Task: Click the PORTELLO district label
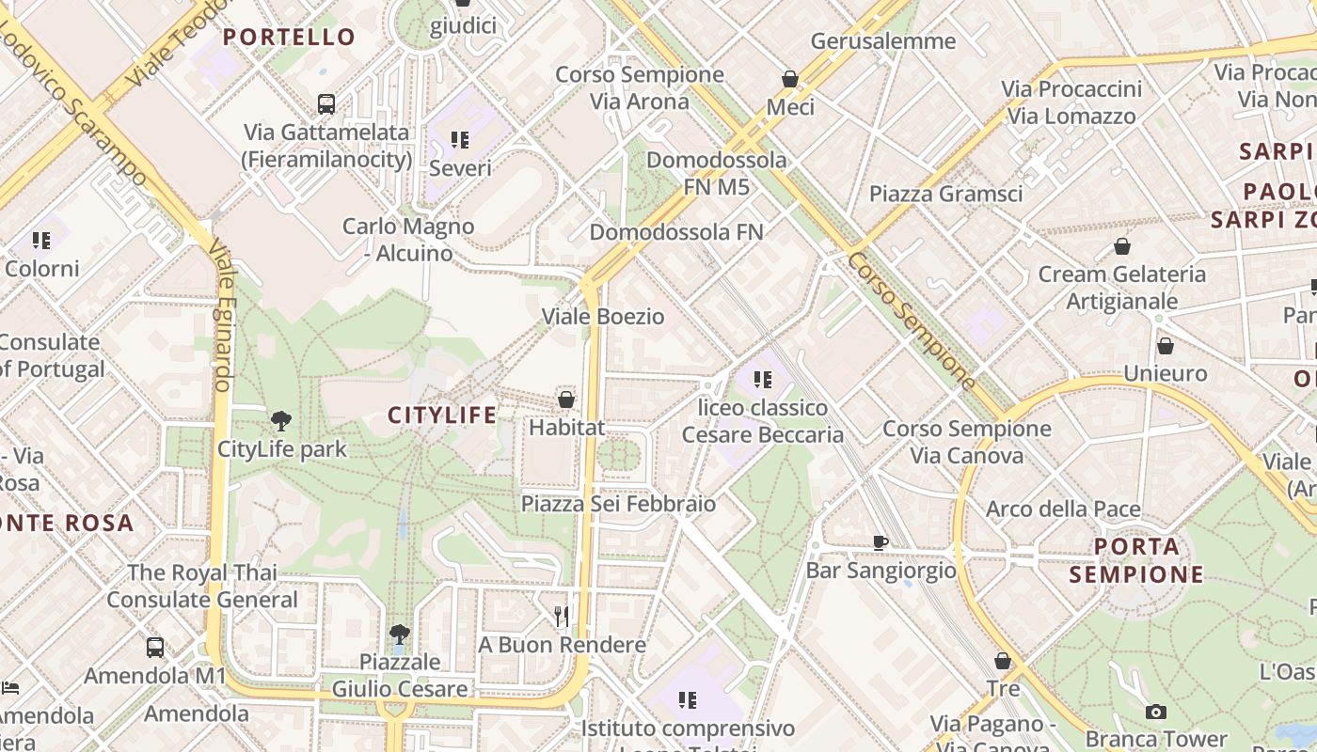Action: [x=289, y=38]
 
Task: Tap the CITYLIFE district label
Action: [x=442, y=415]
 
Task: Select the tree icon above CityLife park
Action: [x=280, y=420]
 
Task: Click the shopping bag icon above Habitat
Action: [x=566, y=399]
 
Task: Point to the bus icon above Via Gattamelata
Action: [x=326, y=103]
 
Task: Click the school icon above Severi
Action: [x=460, y=140]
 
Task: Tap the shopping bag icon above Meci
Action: [x=790, y=79]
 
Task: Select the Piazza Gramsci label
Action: [x=945, y=194]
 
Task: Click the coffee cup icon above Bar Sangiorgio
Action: [x=881, y=542]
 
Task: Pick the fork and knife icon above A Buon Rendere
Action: [x=562, y=616]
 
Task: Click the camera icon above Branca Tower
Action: [x=1156, y=712]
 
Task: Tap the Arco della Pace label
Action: [x=1063, y=509]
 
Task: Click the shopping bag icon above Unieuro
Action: [x=1166, y=346]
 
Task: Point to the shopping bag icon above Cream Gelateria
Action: [x=1121, y=246]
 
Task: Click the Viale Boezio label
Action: [x=603, y=317]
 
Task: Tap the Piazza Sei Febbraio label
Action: [x=618, y=504]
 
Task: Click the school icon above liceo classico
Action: [x=763, y=380]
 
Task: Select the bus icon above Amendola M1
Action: [x=155, y=647]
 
